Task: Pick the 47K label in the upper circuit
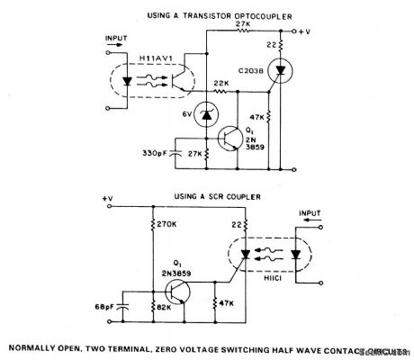(x=258, y=117)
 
